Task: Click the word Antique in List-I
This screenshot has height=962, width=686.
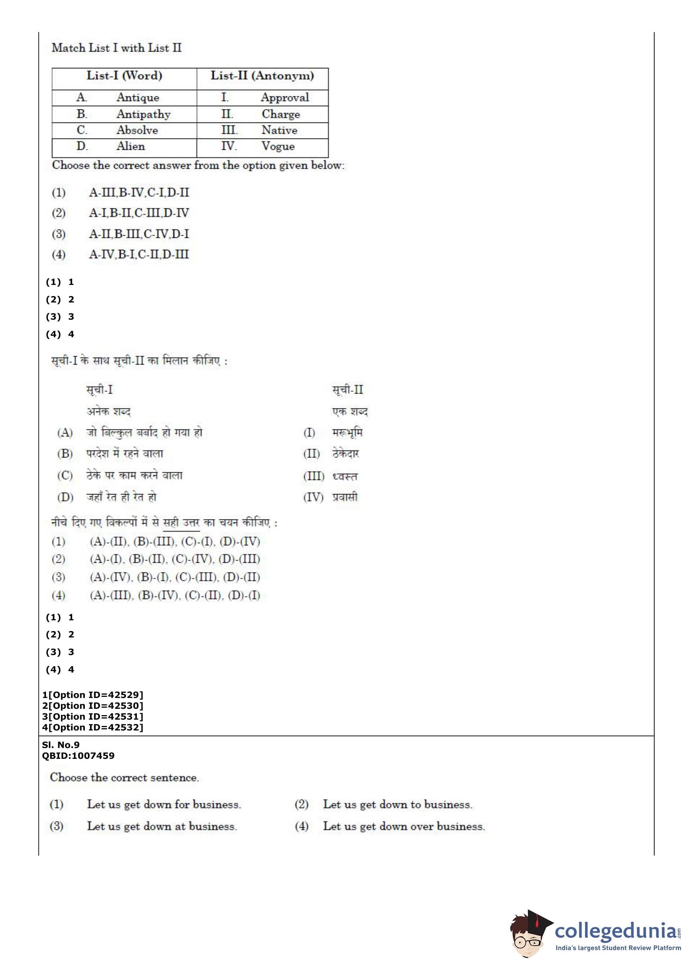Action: pyautogui.click(x=138, y=97)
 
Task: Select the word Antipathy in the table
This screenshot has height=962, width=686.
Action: pyautogui.click(x=143, y=114)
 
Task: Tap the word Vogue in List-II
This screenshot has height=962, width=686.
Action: pyautogui.click(x=278, y=146)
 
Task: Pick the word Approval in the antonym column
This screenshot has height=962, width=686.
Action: pyautogui.click(x=285, y=97)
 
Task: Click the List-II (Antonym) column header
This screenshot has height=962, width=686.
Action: pyautogui.click(x=262, y=76)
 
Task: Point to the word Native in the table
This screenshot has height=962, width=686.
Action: pyautogui.click(x=279, y=130)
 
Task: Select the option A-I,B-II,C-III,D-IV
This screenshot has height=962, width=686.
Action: pyautogui.click(x=139, y=213)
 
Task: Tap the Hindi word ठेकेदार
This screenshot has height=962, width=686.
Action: pyautogui.click(x=345, y=454)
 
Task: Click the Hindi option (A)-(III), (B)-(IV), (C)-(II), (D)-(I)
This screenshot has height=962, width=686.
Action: pyautogui.click(x=174, y=595)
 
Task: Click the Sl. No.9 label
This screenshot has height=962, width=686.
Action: pyautogui.click(x=61, y=745)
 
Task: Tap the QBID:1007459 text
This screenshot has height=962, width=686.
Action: pyautogui.click(x=78, y=755)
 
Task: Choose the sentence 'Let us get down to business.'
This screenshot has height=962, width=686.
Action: pyautogui.click(x=398, y=804)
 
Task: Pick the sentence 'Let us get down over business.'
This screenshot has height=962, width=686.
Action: pyautogui.click(x=404, y=826)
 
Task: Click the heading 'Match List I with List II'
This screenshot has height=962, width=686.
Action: pyautogui.click(x=117, y=48)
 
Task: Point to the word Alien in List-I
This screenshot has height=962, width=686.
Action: pyautogui.click(x=130, y=146)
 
